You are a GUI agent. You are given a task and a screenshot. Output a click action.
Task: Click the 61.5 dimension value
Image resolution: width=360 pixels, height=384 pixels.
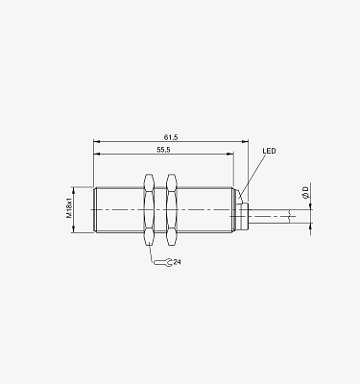tap(171, 137)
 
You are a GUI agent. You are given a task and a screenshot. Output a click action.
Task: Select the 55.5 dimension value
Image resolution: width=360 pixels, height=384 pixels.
tap(163, 150)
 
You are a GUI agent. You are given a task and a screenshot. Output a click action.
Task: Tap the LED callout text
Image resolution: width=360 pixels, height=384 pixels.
tap(269, 151)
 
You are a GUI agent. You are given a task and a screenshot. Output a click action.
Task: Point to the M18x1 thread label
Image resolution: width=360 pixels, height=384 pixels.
tap(69, 208)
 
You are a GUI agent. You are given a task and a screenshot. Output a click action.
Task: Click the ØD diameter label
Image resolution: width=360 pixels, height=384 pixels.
tap(306, 193)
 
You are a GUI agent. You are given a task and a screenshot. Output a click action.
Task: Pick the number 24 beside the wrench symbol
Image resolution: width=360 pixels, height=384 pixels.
tap(178, 262)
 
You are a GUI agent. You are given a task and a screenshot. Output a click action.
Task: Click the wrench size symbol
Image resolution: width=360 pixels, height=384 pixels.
tap(163, 262)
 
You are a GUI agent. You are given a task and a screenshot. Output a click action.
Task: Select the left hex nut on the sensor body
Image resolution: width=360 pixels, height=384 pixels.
tap(149, 209)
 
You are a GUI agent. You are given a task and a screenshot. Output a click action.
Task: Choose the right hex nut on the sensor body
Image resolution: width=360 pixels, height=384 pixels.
tap(172, 209)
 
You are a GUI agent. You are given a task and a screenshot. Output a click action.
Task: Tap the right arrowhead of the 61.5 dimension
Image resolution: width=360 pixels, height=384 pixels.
tap(246, 141)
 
